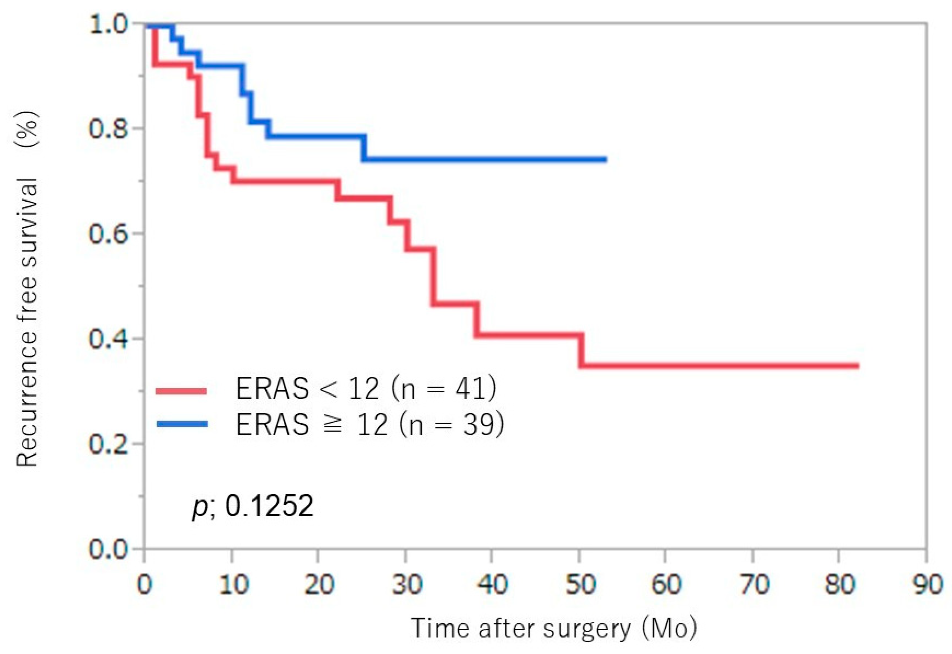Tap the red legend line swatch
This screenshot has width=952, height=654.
click(x=181, y=391)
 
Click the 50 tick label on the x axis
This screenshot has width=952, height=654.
click(x=580, y=584)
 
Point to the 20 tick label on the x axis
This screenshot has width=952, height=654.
click(x=319, y=584)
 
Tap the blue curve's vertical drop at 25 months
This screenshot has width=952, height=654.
click(x=364, y=147)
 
